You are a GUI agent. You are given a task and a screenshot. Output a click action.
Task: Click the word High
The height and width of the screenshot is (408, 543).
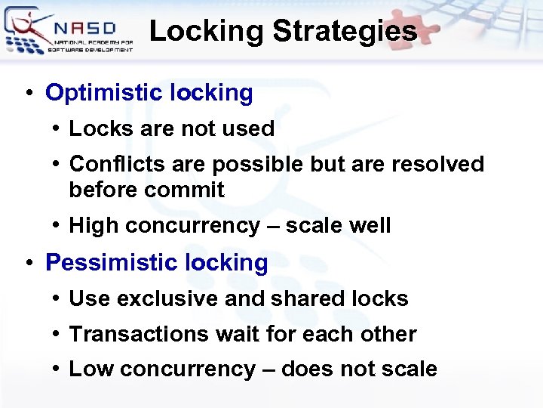click(94, 225)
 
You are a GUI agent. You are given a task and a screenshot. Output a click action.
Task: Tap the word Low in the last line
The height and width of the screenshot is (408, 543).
click(91, 369)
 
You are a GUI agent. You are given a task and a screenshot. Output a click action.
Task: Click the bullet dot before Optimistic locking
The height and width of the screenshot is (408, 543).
click(28, 94)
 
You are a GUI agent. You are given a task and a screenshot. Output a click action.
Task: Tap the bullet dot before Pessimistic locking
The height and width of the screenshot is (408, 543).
click(28, 264)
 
